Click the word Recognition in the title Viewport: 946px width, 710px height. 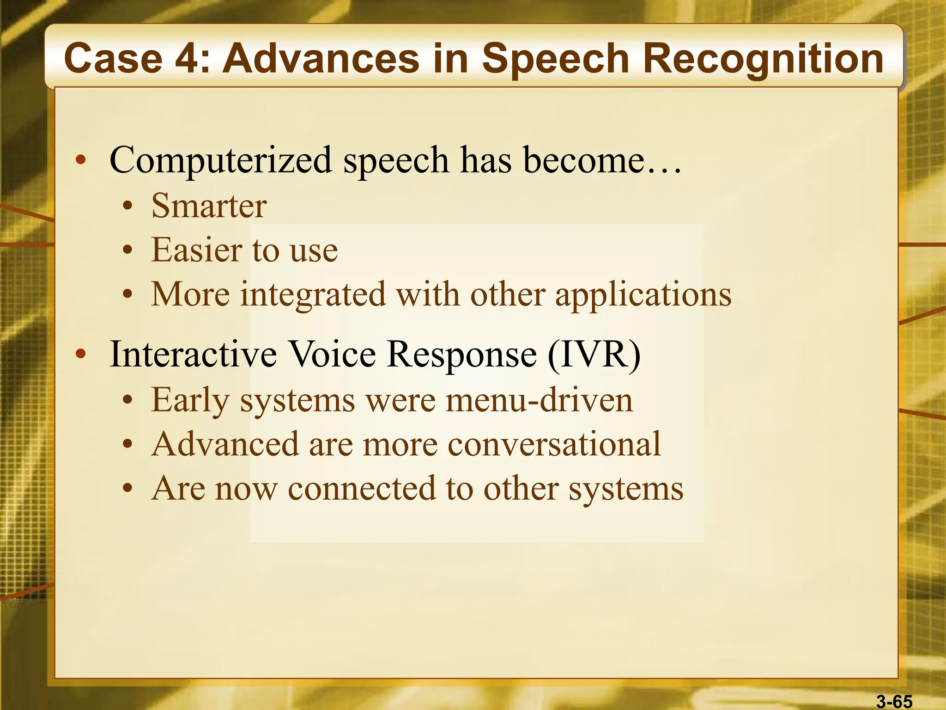tap(763, 59)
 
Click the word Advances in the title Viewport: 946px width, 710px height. tap(321, 59)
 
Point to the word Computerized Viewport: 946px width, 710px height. tap(220, 160)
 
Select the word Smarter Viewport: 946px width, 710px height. tap(209, 206)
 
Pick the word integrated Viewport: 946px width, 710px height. tap(313, 294)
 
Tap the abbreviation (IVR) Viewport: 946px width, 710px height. tap(594, 355)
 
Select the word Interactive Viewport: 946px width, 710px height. tap(193, 354)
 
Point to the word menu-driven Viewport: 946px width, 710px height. tap(539, 400)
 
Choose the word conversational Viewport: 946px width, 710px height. tap(554, 444)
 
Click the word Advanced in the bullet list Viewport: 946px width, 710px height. tap(225, 444)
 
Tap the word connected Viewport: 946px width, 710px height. tap(361, 489)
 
